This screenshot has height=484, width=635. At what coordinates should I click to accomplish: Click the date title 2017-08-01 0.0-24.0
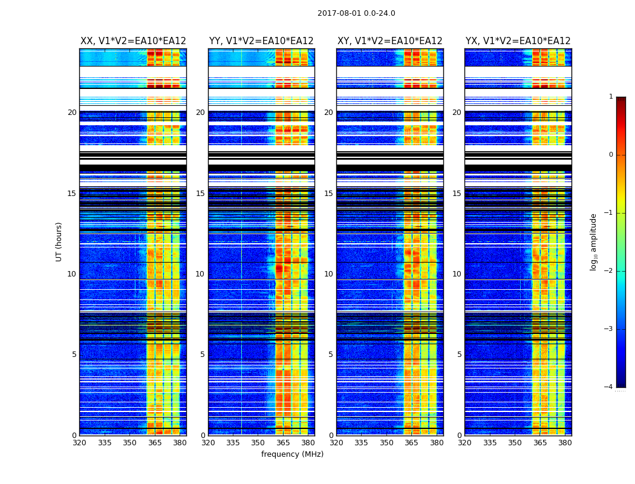(x=356, y=13)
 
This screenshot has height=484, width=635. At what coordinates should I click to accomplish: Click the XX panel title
(x=133, y=41)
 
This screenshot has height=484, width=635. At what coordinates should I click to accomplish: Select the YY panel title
(x=261, y=41)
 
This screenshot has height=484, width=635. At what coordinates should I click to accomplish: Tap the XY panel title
(x=390, y=41)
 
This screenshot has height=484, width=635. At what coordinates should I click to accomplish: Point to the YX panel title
(x=518, y=41)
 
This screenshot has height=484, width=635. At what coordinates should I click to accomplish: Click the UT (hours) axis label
(x=59, y=241)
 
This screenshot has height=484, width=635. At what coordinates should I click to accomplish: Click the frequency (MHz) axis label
(x=292, y=454)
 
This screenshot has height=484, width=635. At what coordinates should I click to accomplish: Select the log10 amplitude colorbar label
(x=594, y=241)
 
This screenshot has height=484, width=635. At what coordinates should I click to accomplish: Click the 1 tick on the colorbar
(x=610, y=97)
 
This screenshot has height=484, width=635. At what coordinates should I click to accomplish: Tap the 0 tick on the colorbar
(x=610, y=155)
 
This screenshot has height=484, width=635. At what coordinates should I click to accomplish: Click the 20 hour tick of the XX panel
(x=72, y=113)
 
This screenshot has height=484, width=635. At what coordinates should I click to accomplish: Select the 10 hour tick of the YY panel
(x=200, y=274)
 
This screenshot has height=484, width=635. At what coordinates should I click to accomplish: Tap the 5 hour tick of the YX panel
(x=459, y=355)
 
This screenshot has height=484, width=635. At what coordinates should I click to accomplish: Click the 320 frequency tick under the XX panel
(x=79, y=443)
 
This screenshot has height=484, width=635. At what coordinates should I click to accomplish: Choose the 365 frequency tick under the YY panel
(x=283, y=443)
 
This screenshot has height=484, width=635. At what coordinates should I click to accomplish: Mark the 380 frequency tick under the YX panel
(x=565, y=443)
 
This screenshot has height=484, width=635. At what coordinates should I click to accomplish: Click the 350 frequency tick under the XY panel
(x=386, y=443)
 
